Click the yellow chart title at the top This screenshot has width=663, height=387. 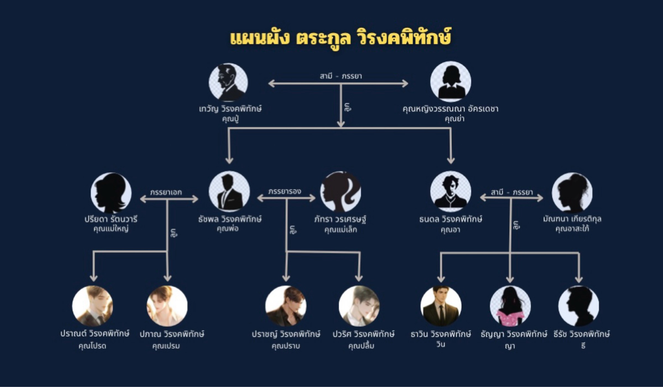[340, 38]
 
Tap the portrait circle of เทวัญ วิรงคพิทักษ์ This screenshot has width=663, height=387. [228, 82]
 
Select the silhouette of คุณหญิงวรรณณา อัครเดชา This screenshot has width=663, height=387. [451, 81]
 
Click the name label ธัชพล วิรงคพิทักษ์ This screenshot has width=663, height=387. [230, 219]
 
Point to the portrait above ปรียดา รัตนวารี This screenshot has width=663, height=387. [111, 193]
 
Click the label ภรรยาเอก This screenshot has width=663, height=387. [166, 192]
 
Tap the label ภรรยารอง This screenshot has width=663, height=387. [285, 191]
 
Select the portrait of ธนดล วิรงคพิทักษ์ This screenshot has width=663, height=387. [451, 191]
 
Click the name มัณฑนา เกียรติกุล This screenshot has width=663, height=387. [572, 219]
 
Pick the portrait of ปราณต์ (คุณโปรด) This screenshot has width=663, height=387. [93, 306]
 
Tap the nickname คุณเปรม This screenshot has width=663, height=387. [166, 346]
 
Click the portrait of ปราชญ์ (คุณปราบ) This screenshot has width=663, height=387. [286, 306]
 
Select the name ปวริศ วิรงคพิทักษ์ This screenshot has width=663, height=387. [364, 334]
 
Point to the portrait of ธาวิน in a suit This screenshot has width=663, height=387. [441, 306]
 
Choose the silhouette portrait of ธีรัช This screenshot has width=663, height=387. [579, 306]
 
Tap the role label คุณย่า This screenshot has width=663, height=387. [454, 119]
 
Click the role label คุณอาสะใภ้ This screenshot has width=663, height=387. [572, 229]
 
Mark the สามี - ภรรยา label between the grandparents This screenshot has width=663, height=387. [341, 76]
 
